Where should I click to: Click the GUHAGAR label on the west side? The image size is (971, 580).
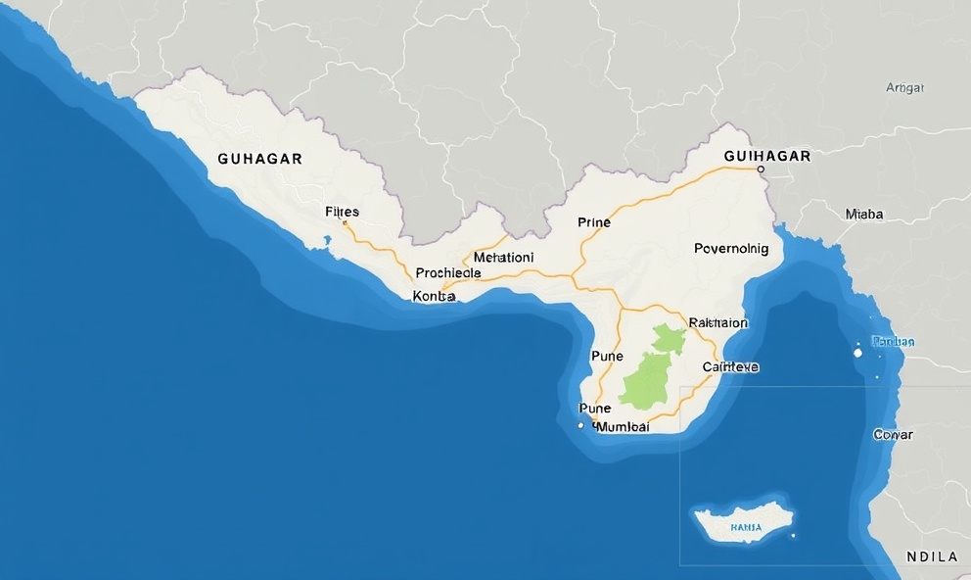[x=259, y=158]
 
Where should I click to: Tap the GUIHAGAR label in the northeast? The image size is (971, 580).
[x=767, y=156]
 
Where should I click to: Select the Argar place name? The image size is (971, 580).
[x=904, y=87]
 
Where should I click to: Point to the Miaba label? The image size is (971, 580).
[x=863, y=214]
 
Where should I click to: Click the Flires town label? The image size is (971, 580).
[x=342, y=212]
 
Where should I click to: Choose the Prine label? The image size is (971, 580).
[x=593, y=222]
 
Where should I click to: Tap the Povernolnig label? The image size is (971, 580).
[x=731, y=249]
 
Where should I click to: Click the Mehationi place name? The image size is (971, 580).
[x=503, y=257]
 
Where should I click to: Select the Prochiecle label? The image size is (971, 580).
[x=448, y=273]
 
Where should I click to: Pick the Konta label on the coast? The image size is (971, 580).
[x=435, y=296]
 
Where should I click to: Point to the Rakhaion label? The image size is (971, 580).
[x=717, y=321]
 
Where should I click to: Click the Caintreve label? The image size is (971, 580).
[x=730, y=366]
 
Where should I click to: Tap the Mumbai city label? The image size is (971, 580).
[x=623, y=426]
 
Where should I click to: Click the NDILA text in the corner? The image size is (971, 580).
[x=932, y=556]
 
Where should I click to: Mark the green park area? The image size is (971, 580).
[x=652, y=372]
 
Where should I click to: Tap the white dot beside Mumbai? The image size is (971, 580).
[x=581, y=426]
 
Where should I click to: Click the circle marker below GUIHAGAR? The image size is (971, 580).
[x=761, y=169]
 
